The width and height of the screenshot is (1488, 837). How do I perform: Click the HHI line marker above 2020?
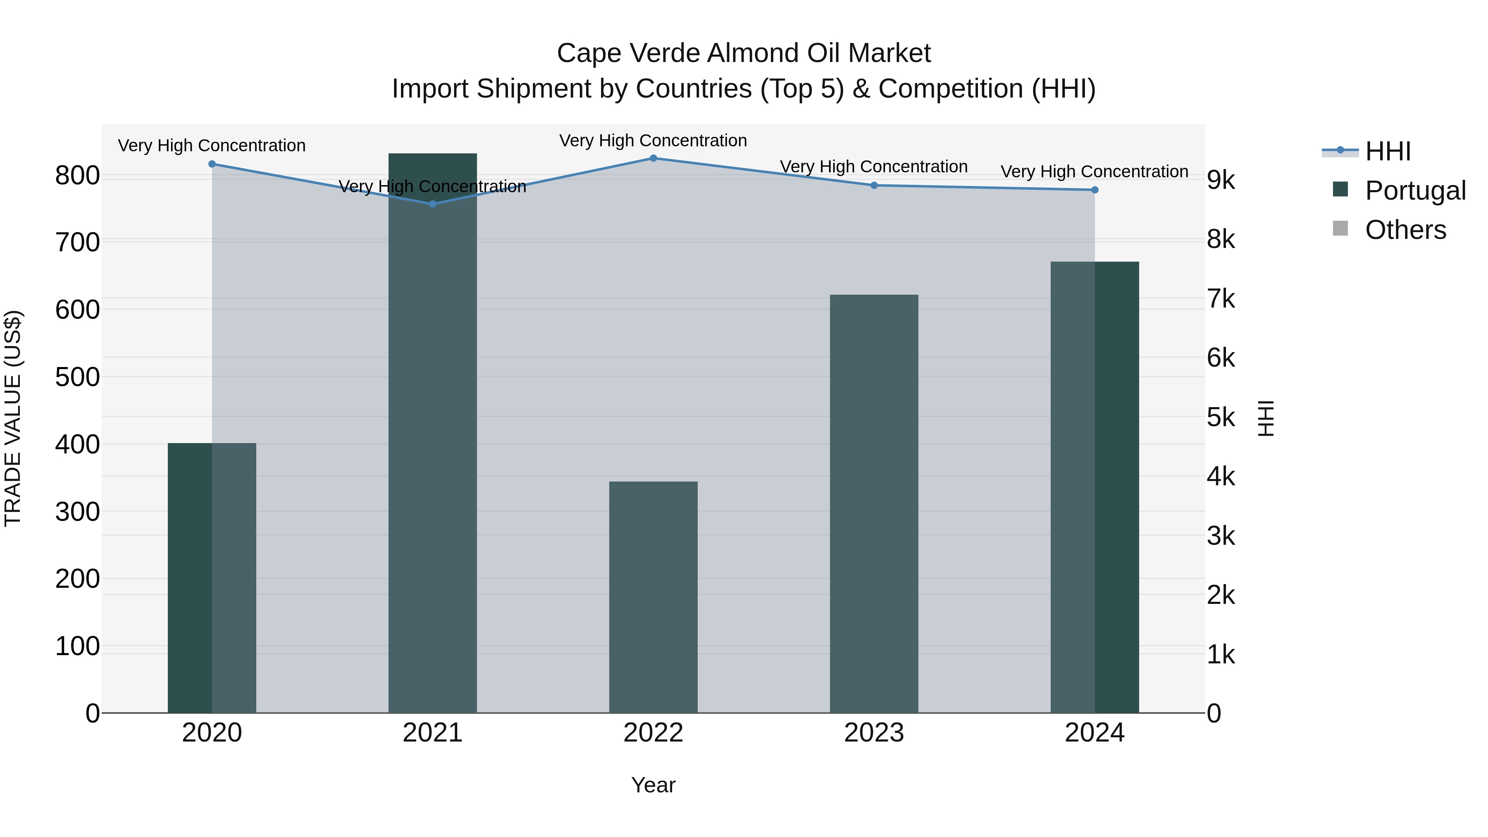212,164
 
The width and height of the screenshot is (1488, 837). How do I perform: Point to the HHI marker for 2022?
653,158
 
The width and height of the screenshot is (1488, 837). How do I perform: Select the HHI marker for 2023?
874,186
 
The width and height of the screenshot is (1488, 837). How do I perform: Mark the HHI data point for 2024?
1095,190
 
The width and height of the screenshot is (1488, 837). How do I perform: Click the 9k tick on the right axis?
1221,181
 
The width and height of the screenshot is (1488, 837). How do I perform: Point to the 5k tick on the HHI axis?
1221,417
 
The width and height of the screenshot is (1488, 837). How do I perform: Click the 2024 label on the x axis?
1095,733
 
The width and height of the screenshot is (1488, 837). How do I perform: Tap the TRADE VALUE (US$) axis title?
13,418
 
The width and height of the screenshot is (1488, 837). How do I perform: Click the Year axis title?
653,785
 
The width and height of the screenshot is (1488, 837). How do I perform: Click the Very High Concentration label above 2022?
653,141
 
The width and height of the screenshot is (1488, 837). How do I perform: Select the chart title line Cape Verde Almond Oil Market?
744,53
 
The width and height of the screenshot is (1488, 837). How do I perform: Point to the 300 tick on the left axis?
77,512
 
